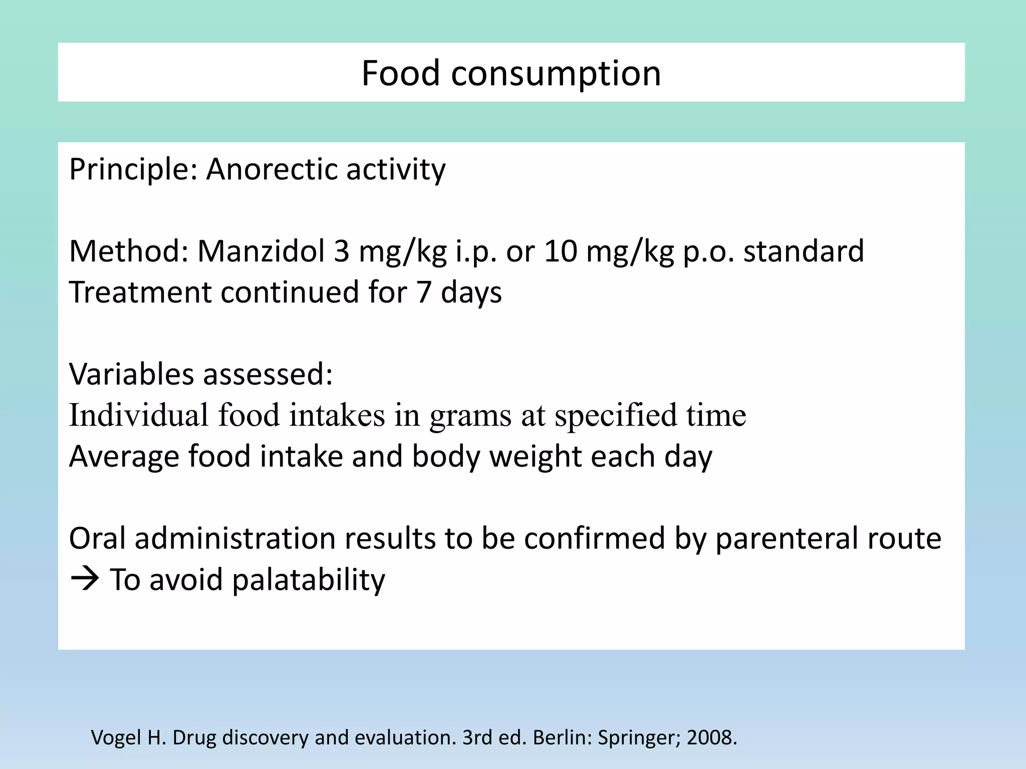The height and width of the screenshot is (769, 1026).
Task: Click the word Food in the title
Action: click(401, 73)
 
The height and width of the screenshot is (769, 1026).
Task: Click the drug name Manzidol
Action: click(261, 251)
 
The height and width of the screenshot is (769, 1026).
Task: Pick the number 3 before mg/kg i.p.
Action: click(341, 251)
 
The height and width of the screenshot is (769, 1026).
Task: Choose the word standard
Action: click(804, 251)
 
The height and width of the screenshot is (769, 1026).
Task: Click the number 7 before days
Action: click(424, 292)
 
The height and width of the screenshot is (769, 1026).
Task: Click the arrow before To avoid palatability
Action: click(85, 580)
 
